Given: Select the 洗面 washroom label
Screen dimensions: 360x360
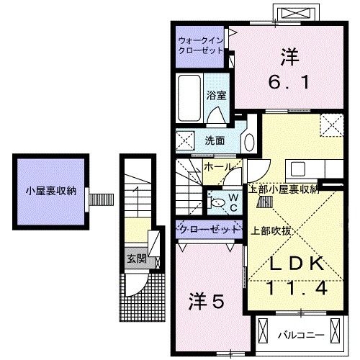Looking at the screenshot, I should [215, 140].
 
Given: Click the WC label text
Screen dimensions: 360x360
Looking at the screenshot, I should [233, 201].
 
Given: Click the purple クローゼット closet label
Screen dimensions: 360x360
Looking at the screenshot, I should [209, 230].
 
